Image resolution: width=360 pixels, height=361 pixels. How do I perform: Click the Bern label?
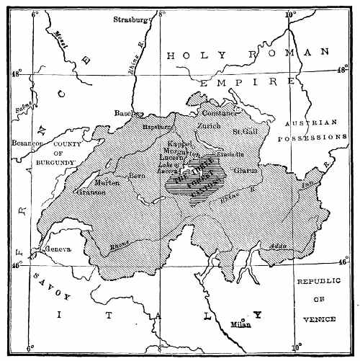(x=137, y=176)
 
